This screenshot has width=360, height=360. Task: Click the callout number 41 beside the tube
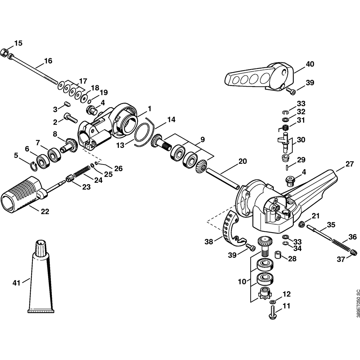pos(16,283)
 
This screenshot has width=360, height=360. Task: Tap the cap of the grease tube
pos(41,248)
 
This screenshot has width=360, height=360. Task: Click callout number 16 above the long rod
pos(48,61)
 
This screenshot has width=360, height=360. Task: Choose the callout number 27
pos(349,164)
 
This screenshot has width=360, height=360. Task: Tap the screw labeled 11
pos(273,312)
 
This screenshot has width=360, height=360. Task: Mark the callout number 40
pos(310,64)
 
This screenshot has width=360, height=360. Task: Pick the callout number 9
pos(202,139)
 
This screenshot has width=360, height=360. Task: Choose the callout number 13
pos(120,145)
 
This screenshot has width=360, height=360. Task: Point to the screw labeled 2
pos(71,118)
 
